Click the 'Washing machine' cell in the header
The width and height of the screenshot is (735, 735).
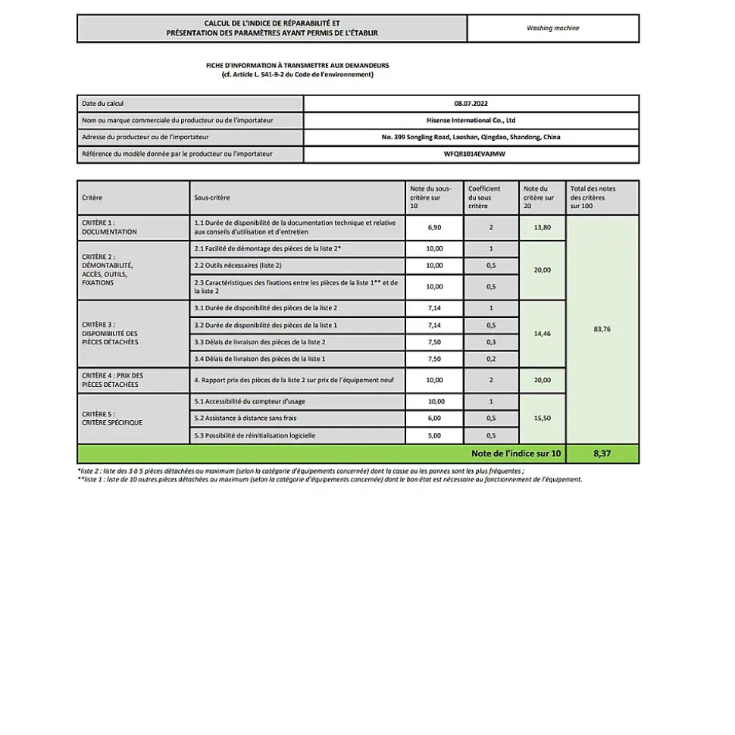pos(552,29)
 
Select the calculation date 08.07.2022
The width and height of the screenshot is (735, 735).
pos(471,104)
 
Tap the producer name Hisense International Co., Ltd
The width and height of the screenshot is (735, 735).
pos(471,120)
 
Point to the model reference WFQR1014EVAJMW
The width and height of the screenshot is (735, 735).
pos(471,154)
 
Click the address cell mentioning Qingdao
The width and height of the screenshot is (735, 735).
pos(471,137)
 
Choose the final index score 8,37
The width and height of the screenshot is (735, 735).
pos(602,453)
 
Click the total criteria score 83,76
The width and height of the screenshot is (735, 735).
pos(602,329)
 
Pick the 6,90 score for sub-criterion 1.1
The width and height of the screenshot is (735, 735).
pos(434,227)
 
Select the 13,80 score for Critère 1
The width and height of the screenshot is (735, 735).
pos(542,227)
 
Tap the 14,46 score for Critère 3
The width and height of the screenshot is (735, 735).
pos(542,333)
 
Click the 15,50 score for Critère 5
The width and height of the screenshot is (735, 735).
pos(542,418)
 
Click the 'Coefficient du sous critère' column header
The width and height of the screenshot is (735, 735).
pos(490,197)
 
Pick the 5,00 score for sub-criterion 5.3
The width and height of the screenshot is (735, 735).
pos(434,435)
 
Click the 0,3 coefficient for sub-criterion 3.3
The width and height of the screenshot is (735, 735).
pos(490,342)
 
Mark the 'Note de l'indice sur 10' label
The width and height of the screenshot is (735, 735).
pos(516,453)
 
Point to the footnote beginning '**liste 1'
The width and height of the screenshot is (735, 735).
pos(329,479)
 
